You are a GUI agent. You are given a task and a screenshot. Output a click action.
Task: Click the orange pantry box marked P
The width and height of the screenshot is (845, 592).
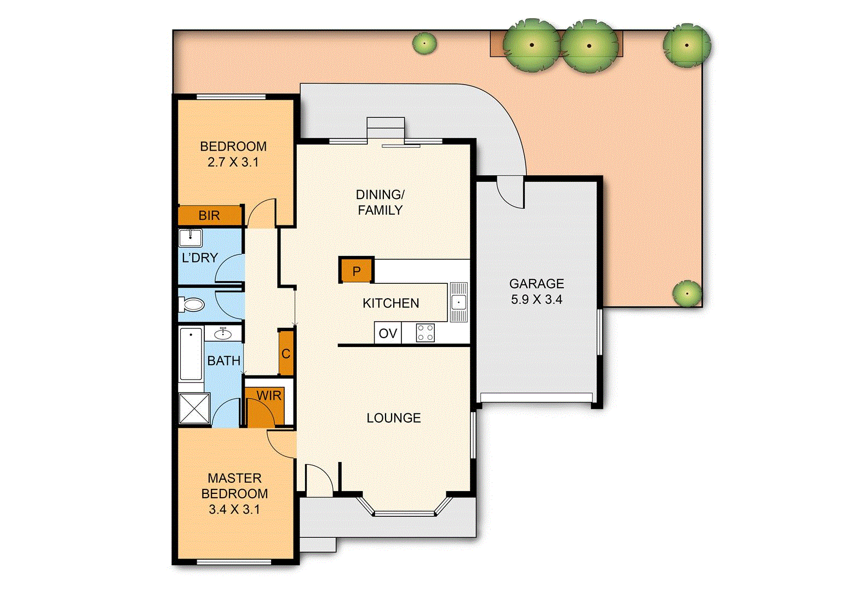coord(357,271)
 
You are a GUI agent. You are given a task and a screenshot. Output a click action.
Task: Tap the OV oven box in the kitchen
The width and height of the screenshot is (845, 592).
coord(388,333)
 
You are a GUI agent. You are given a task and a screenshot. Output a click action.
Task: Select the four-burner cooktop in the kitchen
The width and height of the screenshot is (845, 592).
coord(426,333)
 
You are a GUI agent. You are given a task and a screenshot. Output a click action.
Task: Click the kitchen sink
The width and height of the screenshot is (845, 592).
coord(458,302)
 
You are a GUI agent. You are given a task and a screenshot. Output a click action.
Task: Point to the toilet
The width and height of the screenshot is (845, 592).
coord(192,304)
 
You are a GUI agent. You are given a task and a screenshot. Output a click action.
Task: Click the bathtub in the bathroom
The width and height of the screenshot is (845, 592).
coord(191,354)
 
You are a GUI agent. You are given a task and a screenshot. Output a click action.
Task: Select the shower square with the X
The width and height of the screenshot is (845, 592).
coord(194,408)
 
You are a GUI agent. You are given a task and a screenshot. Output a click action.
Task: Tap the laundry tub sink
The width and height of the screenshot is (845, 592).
coord(190,238)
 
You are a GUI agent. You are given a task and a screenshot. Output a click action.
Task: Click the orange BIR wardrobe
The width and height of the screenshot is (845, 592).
coord(210,215)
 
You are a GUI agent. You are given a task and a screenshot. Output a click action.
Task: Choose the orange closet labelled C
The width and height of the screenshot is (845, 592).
coord(286,354)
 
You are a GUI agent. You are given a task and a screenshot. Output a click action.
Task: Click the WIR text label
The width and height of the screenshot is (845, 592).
coord(268,396)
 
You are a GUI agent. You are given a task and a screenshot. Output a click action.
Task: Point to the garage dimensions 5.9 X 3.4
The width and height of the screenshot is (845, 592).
coord(536,300)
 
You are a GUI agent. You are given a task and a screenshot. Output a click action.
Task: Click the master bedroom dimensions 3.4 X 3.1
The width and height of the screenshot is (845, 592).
coord(234,509)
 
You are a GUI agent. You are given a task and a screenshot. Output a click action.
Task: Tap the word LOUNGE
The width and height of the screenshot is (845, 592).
coord(394,418)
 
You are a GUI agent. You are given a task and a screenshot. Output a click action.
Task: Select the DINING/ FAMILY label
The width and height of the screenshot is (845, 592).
coord(380,202)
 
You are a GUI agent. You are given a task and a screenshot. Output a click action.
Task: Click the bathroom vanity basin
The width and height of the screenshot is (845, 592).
coord(222,333)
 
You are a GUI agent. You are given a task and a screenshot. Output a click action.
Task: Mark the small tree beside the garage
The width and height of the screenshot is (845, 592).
coord(687,293)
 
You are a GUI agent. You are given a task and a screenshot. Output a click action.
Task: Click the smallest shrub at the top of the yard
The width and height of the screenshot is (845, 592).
coord(424,43)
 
